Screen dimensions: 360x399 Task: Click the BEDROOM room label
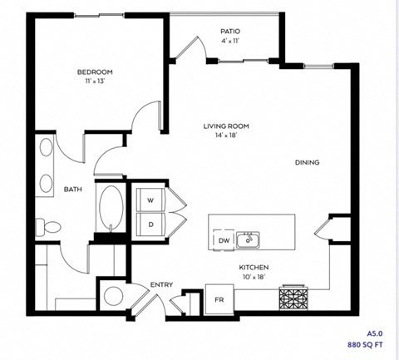tap(95, 72)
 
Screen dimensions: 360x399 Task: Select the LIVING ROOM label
tap(226, 126)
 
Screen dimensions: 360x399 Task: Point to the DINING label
tap(307, 163)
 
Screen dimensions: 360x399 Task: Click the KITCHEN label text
tap(255, 267)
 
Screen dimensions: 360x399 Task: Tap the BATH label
tap(73, 190)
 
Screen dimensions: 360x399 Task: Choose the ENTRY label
tap(161, 285)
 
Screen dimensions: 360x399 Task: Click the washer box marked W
tap(151, 200)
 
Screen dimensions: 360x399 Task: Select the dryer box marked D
tap(151, 224)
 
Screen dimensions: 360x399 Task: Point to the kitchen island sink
tap(247, 240)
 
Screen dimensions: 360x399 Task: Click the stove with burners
tap(294, 297)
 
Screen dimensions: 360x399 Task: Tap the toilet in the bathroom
tap(49, 225)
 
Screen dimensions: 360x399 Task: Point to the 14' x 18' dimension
tap(226, 136)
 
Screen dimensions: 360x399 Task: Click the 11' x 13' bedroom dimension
tap(95, 82)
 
